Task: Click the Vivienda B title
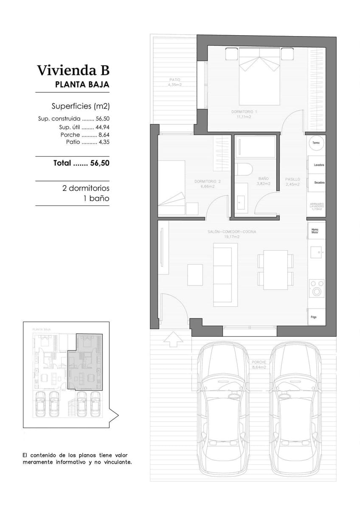pyautogui.click(x=73, y=70)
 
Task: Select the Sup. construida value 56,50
pyautogui.click(x=102, y=119)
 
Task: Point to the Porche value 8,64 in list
pyautogui.click(x=103, y=135)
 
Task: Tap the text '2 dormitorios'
pyautogui.click(x=86, y=188)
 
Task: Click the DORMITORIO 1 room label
pyautogui.click(x=245, y=112)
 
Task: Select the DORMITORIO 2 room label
pyautogui.click(x=207, y=182)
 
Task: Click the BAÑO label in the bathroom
pyautogui.click(x=264, y=179)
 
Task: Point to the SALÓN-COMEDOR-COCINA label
pyautogui.click(x=232, y=232)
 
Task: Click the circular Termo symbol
pyautogui.click(x=316, y=143)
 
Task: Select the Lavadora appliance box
pyautogui.click(x=317, y=165)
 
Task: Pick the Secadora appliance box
pyautogui.click(x=317, y=182)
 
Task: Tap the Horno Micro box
pyautogui.click(x=315, y=231)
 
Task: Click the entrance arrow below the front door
pyautogui.click(x=173, y=339)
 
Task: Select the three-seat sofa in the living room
pyautogui.click(x=225, y=274)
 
